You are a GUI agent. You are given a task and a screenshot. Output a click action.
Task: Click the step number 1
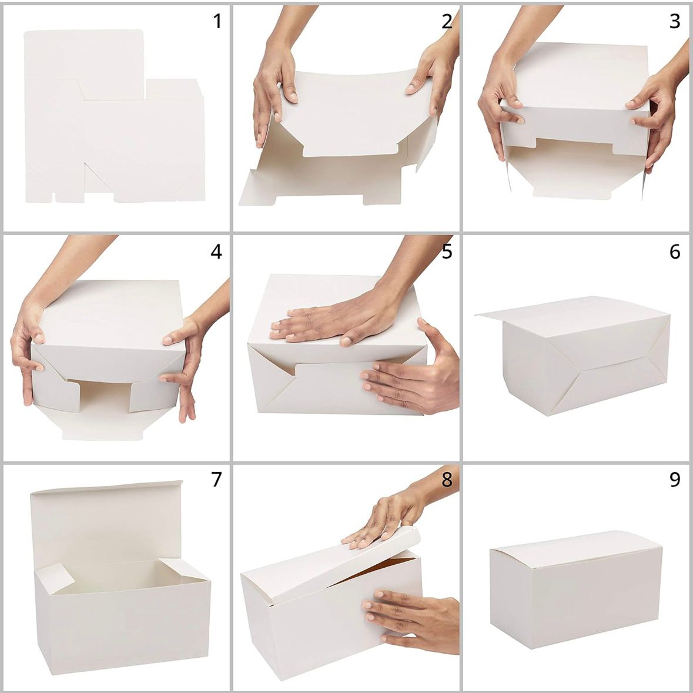click(217, 22)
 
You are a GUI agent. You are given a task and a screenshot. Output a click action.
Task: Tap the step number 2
click(447, 22)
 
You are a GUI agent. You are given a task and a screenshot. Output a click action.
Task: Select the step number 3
click(675, 22)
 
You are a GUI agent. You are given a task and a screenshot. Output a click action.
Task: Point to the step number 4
click(216, 252)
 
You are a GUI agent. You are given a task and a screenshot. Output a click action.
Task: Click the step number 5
click(447, 252)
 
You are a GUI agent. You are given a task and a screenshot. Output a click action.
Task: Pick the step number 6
click(675, 252)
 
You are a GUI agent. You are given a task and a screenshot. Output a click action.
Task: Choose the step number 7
click(216, 480)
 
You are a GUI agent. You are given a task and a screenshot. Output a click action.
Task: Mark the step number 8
click(447, 480)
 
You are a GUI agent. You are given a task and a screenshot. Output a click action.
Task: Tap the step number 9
click(675, 480)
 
